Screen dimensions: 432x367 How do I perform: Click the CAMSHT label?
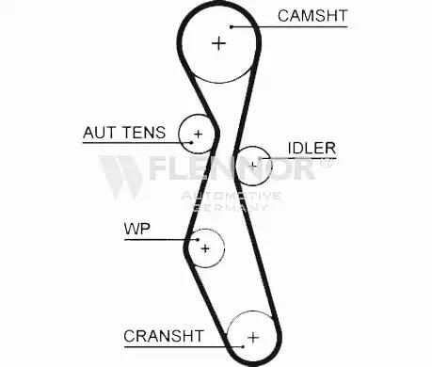pyautogui.click(x=312, y=16)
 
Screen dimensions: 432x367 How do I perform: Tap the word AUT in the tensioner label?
pyautogui.click(x=99, y=133)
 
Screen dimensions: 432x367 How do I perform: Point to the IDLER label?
pyautogui.click(x=312, y=148)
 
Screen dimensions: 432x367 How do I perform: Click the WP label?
pyautogui.click(x=137, y=229)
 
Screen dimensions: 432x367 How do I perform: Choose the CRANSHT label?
pyautogui.click(x=164, y=336)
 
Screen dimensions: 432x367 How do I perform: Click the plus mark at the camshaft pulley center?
pyautogui.click(x=219, y=43)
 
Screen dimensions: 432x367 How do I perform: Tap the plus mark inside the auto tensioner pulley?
pyautogui.click(x=198, y=135)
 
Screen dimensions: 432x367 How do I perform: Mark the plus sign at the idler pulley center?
pyautogui.click(x=253, y=166)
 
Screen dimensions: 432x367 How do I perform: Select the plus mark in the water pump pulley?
pyautogui.click(x=205, y=248)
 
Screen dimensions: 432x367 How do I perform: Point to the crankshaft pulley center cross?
pyautogui.click(x=253, y=338)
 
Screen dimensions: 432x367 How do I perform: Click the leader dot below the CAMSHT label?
pyautogui.click(x=232, y=27)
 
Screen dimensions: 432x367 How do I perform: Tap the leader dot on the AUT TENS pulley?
pyautogui.click(x=191, y=143)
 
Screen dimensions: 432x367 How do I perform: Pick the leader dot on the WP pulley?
pyautogui.click(x=198, y=240)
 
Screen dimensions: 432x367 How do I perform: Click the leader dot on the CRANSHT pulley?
pyautogui.click(x=243, y=346)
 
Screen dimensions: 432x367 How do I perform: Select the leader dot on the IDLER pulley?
pyautogui.click(x=260, y=158)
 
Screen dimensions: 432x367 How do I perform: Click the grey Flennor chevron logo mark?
pyautogui.click(x=120, y=177)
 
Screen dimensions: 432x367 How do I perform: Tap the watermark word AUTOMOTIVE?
pyautogui.click(x=231, y=197)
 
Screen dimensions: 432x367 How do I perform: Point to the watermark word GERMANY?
pyautogui.click(x=231, y=207)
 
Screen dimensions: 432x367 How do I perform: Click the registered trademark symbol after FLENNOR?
pyautogui.click(x=327, y=162)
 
